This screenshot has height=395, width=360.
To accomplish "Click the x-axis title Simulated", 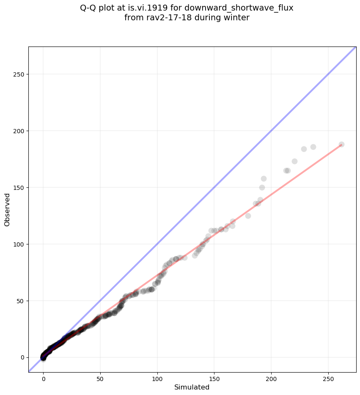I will pyautogui.click(x=192, y=387).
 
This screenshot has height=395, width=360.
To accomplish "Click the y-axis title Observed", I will pyautogui.click(x=7, y=209).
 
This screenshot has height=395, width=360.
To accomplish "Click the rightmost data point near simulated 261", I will pyautogui.click(x=341, y=144).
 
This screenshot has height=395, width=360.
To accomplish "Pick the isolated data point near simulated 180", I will pyautogui.click(x=248, y=216).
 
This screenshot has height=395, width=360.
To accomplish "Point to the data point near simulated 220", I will pyautogui.click(x=294, y=161).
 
